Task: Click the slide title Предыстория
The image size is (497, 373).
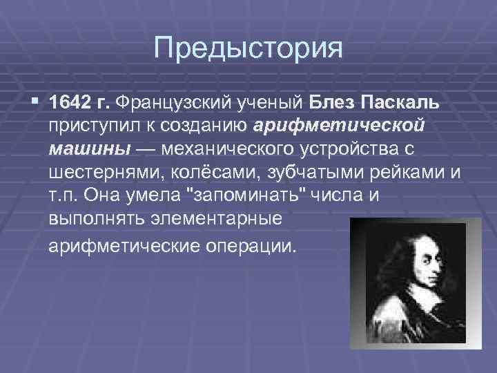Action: point(248,48)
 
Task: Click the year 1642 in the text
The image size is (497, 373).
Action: point(69,104)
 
